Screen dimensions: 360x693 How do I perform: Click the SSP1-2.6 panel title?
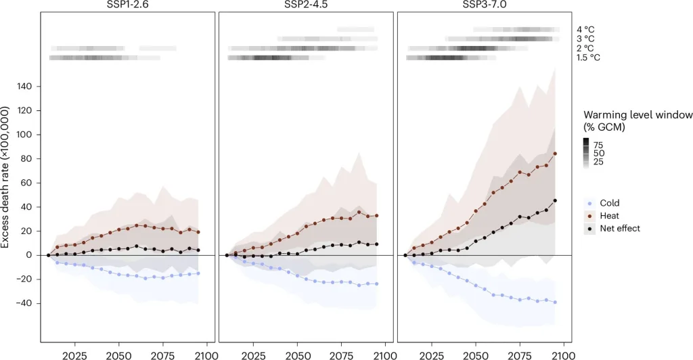[x=127, y=5]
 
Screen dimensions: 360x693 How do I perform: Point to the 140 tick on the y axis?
[x=25, y=87]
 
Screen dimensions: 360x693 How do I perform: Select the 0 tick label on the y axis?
[x=30, y=255]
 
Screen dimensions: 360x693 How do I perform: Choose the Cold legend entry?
[x=610, y=203]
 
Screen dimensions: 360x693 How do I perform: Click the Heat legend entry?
[x=610, y=216]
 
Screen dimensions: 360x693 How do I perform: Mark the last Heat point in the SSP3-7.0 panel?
[x=555, y=154]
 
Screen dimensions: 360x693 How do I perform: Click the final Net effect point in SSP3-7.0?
[x=555, y=200]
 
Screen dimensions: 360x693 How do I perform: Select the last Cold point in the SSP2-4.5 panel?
[x=376, y=284]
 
